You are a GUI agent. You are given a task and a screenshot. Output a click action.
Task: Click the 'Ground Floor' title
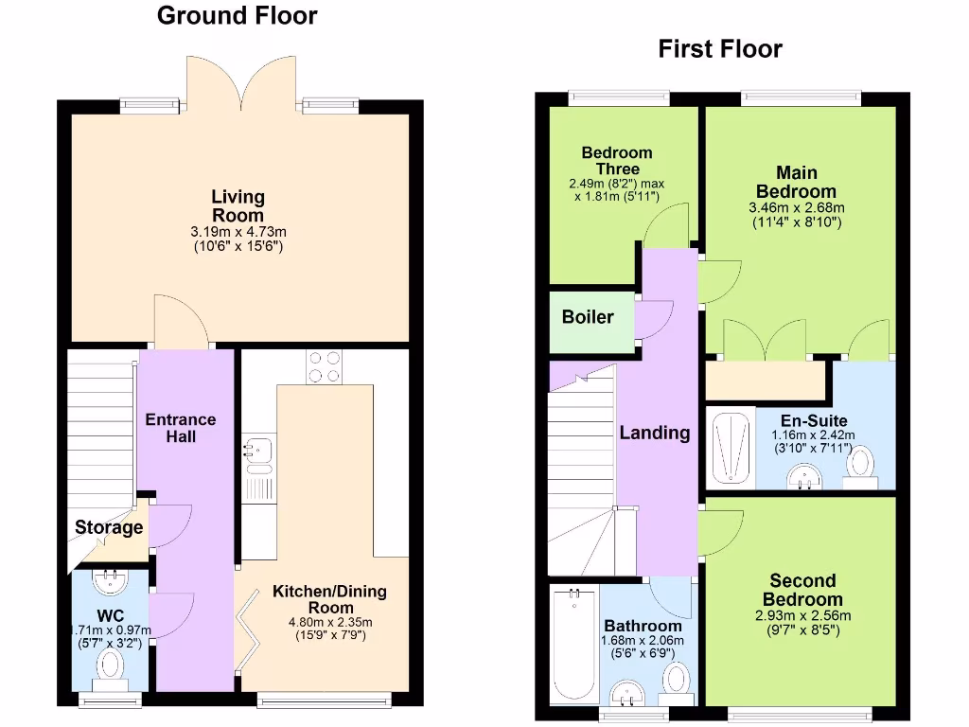click(237, 16)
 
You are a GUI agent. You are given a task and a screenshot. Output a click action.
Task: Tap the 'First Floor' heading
click(720, 49)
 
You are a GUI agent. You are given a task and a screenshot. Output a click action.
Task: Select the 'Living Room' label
click(238, 206)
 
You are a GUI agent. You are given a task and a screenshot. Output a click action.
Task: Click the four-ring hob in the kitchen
click(324, 366)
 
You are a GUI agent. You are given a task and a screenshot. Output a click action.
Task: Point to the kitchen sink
click(256, 453)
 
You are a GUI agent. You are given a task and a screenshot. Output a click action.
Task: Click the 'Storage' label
click(109, 527)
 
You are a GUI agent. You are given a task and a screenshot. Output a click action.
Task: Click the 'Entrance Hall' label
click(180, 428)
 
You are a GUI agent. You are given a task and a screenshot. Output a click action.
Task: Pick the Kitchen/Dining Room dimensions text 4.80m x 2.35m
click(330, 622)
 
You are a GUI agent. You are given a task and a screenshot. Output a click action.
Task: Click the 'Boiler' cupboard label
click(588, 317)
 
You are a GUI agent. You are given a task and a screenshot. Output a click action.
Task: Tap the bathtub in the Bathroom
click(573, 644)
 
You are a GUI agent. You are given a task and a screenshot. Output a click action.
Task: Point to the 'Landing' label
click(654, 433)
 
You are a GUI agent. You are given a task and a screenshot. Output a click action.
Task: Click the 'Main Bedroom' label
click(796, 182)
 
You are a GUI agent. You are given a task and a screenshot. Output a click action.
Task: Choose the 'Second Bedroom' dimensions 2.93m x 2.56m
click(802, 615)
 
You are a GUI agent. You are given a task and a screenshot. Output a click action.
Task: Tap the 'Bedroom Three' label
click(617, 160)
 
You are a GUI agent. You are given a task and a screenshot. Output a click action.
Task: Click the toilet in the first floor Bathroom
click(677, 680)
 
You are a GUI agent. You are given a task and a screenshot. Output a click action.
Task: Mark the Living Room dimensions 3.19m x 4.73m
click(238, 231)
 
